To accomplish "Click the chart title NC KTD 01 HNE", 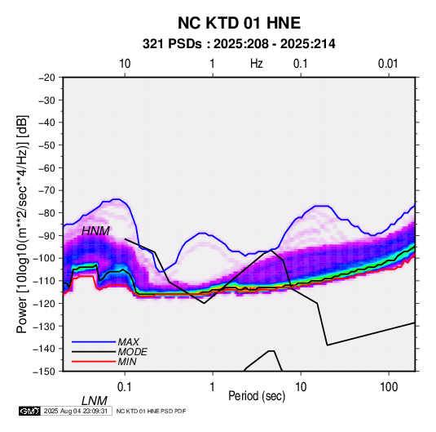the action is pyautogui.click(x=239, y=23).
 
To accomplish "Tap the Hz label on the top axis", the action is pyautogui.click(x=257, y=64).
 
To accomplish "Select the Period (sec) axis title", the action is pyautogui.click(x=257, y=396).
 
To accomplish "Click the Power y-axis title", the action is pyautogui.click(x=22, y=224).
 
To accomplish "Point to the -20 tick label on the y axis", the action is pyautogui.click(x=46, y=78).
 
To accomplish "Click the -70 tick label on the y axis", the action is pyautogui.click(x=46, y=190).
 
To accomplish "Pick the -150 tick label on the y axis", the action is pyautogui.click(x=44, y=372).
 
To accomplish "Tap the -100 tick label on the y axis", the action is pyautogui.click(x=44, y=258).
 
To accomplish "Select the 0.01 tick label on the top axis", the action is pyautogui.click(x=388, y=64).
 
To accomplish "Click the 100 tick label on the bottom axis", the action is pyautogui.click(x=389, y=387).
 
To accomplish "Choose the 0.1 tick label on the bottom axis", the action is pyautogui.click(x=125, y=387).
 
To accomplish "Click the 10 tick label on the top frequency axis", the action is pyautogui.click(x=125, y=64).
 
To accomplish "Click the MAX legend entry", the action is pyautogui.click(x=128, y=342).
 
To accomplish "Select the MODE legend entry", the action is pyautogui.click(x=132, y=352).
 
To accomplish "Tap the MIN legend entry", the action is pyautogui.click(x=127, y=362).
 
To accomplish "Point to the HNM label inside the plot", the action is pyautogui.click(x=95, y=231).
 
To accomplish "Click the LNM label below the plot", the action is pyautogui.click(x=95, y=401).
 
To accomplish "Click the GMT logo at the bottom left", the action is pyautogui.click(x=30, y=411).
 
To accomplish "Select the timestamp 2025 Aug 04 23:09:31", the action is pyautogui.click(x=76, y=411).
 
